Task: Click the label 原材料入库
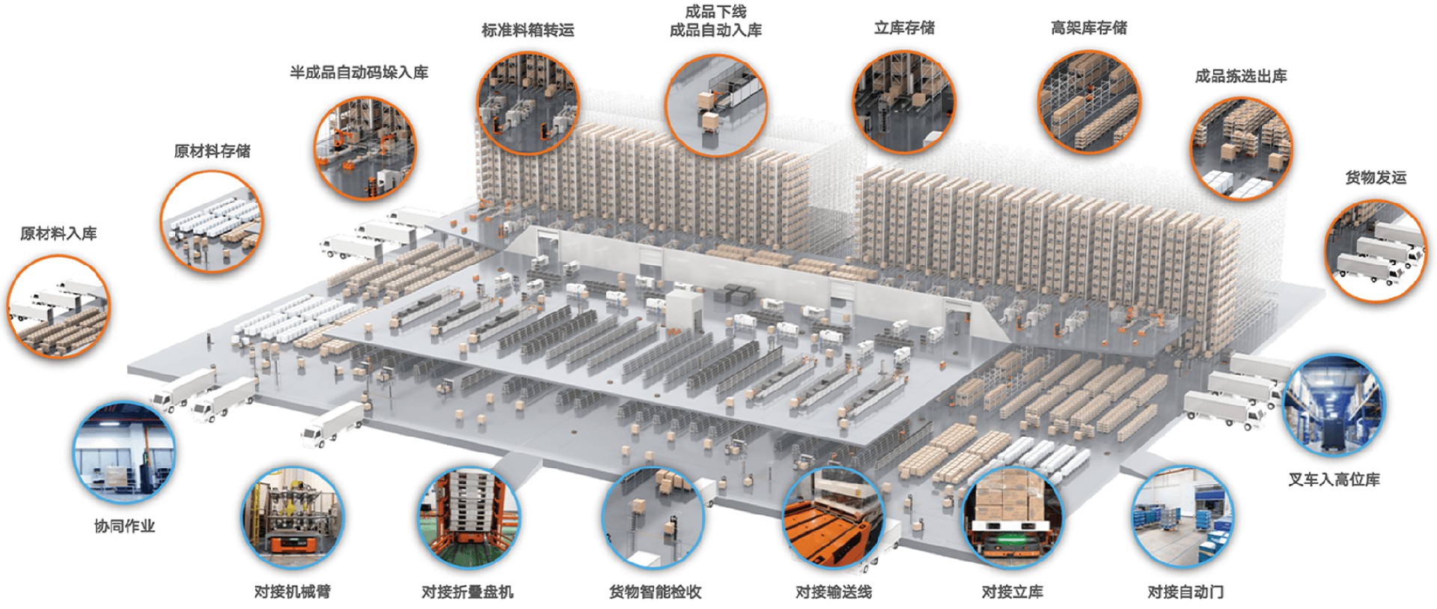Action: pos(58,234)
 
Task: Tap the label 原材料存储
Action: pos(212,151)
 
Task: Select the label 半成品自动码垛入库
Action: pos(359,73)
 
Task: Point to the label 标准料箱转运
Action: pos(528,31)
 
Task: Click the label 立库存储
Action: pos(904,28)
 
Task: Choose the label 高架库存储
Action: pos(1088,28)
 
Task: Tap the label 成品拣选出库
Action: pos(1241,76)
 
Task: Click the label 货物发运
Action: pos(1376,178)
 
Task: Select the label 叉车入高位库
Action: pos(1333,479)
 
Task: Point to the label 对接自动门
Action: pos(1186,592)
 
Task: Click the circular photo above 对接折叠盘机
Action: pos(469,518)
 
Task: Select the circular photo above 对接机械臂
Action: pos(293,518)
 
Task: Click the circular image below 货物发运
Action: pos(1376,251)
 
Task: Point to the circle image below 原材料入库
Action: pos(58,306)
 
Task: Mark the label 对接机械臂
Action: pos(292,592)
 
